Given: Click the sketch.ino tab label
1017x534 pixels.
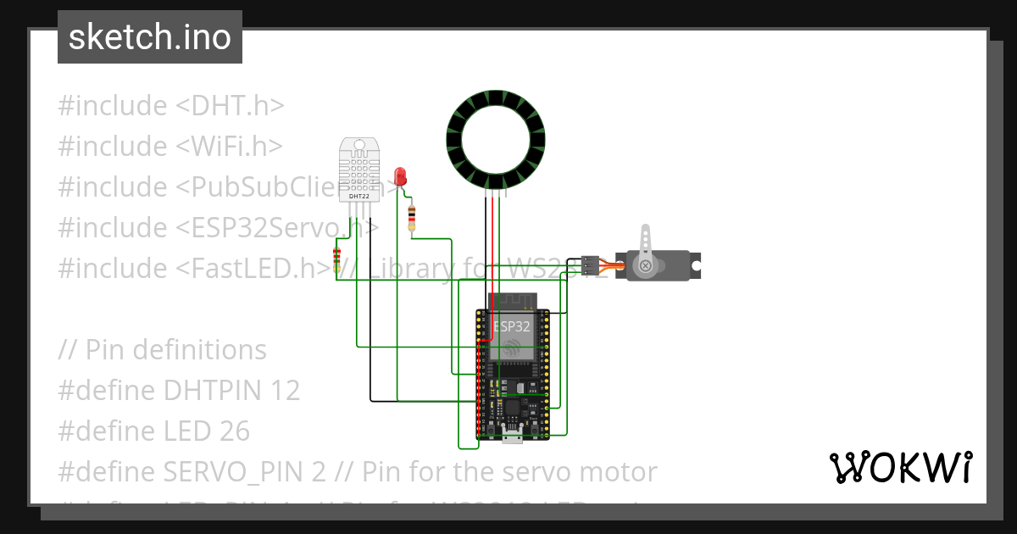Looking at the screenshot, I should click(150, 37).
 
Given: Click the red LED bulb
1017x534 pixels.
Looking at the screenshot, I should click(401, 176).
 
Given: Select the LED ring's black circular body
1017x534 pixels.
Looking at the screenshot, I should click(496, 112).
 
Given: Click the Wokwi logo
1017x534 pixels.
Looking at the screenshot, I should click(900, 467).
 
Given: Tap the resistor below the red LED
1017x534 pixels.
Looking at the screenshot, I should click(412, 217).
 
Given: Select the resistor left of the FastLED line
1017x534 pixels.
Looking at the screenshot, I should click(337, 259).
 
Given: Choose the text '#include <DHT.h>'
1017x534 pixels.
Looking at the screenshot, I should click(170, 106).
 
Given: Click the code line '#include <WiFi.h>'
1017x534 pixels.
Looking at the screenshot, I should click(169, 147).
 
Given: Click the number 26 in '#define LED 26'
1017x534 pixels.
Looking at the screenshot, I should click(233, 431).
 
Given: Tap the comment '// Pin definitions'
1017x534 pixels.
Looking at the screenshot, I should click(163, 350).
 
